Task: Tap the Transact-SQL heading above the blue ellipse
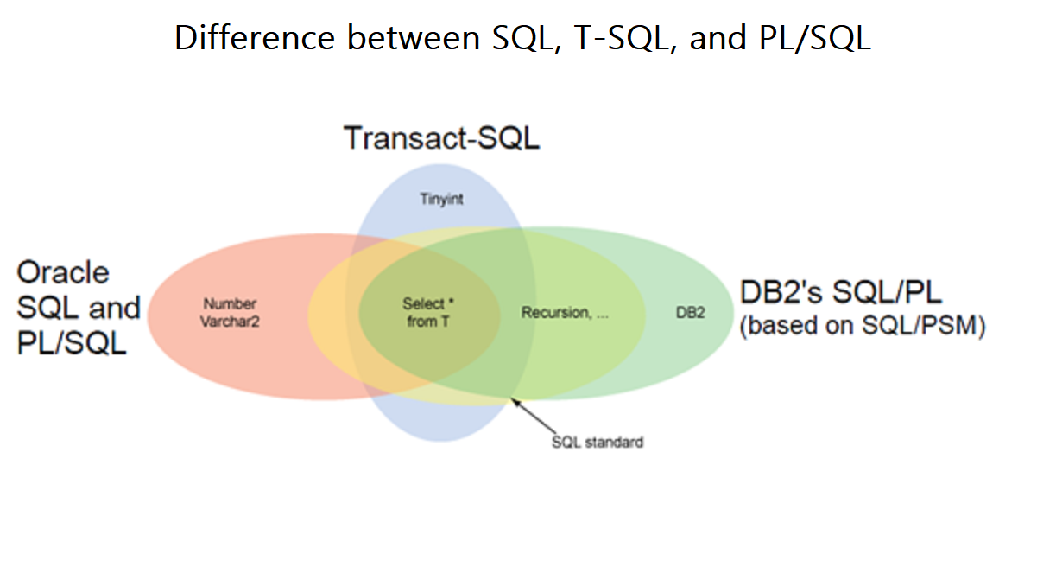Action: point(441,138)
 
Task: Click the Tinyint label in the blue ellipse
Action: point(443,200)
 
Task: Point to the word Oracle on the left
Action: point(63,273)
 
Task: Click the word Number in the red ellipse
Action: point(230,304)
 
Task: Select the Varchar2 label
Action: point(230,322)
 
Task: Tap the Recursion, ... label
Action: point(565,313)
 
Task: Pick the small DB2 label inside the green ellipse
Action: point(690,313)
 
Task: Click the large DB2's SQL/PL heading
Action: point(840,292)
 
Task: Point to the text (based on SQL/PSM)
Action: point(863,328)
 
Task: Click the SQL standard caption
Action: point(598,443)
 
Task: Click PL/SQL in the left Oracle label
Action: point(72,343)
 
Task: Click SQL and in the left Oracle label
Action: point(79,309)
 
